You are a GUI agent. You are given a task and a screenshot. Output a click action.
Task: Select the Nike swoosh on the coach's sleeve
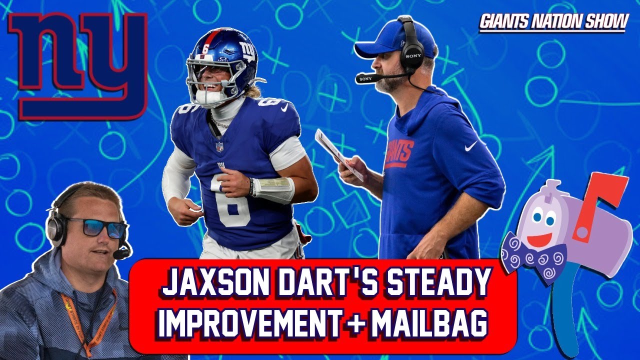[470, 146]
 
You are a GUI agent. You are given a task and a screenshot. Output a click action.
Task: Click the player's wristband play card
[275, 187]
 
